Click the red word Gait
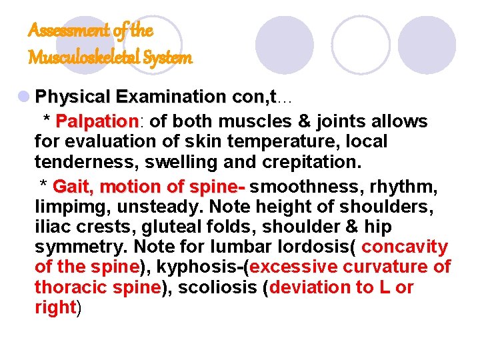point(74,186)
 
